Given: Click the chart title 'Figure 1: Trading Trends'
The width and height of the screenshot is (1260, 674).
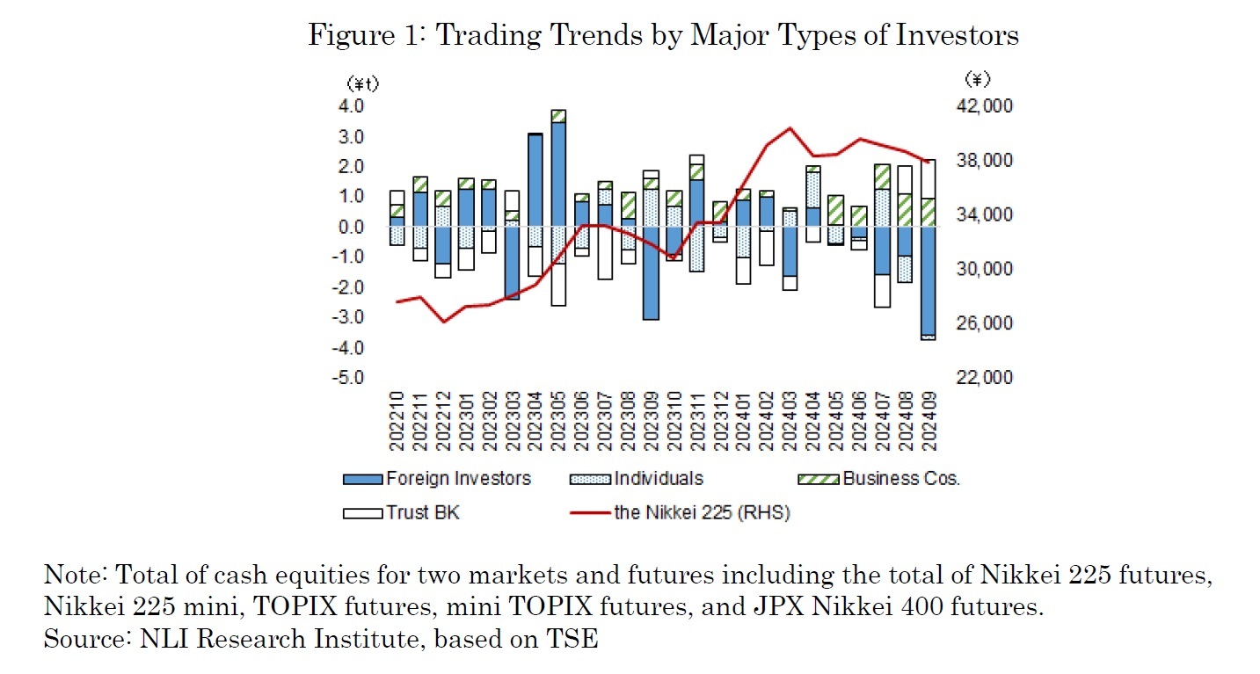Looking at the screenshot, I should tap(664, 34).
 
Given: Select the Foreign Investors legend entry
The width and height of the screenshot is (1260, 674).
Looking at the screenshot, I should tap(458, 479).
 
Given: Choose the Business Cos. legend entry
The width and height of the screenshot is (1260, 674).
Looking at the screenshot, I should tap(900, 479).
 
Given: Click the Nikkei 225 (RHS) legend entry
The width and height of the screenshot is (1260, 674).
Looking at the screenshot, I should tap(702, 513).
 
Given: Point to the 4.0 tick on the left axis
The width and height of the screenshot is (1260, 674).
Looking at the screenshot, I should tap(352, 106).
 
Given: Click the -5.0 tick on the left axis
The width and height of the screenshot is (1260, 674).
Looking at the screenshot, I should tap(350, 378).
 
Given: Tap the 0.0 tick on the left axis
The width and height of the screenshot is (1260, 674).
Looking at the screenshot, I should tap(352, 228).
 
